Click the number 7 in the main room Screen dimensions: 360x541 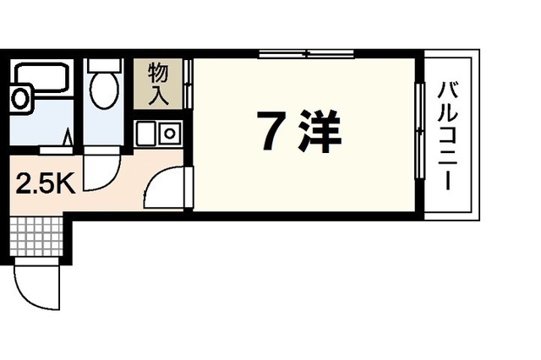tap(271, 132)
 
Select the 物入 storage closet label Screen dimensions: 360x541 tap(157, 82)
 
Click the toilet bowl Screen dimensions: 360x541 tap(106, 91)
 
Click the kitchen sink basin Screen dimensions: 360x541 tap(146, 134)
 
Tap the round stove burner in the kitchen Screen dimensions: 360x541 tap(170, 134)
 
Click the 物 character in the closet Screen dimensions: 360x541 tap(157, 71)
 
